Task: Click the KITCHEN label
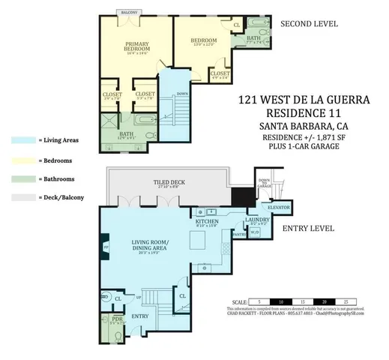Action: tap(206, 223)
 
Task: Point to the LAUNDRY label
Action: tap(259, 220)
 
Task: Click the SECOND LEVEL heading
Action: tap(309, 24)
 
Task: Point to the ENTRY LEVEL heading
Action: tap(308, 228)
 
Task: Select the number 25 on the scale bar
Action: tap(346, 299)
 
